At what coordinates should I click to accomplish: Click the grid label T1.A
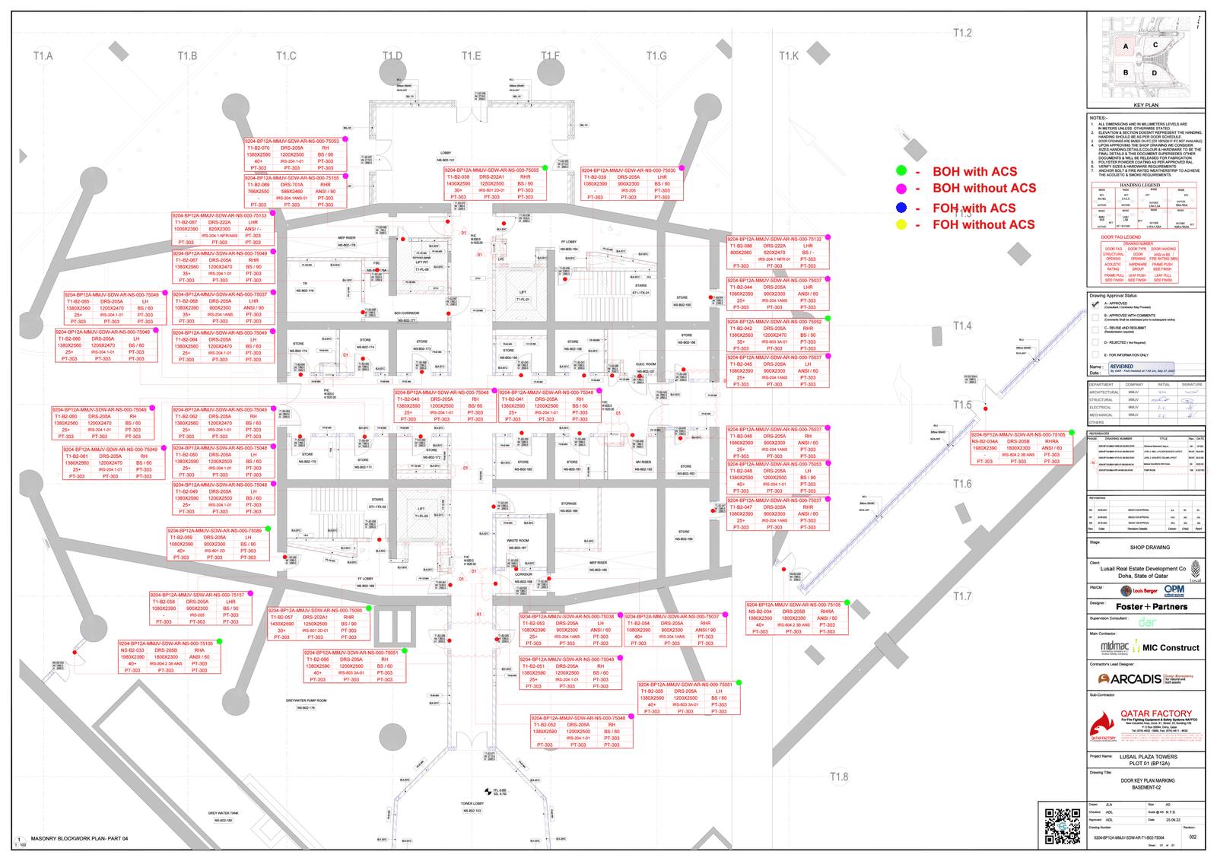coord(43,56)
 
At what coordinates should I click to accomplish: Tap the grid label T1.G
coord(656,56)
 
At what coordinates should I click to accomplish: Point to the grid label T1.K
coord(789,56)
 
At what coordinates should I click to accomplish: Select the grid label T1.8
coord(838,777)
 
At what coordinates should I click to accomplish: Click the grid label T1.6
coord(962,484)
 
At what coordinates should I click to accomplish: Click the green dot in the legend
coord(901,171)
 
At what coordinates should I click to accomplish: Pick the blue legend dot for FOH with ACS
coord(901,208)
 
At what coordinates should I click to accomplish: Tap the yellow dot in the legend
coord(901,224)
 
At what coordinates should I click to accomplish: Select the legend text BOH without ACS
coord(984,188)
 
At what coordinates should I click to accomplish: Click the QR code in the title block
coord(1062,826)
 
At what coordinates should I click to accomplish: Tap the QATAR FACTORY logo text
coord(1156,714)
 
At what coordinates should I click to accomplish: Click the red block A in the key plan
coord(1126,46)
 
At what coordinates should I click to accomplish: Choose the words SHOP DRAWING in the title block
coord(1149,548)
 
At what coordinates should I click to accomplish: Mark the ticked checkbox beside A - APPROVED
coord(1095,304)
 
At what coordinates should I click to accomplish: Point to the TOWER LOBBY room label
coord(472,803)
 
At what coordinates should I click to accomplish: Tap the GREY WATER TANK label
coord(223,813)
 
